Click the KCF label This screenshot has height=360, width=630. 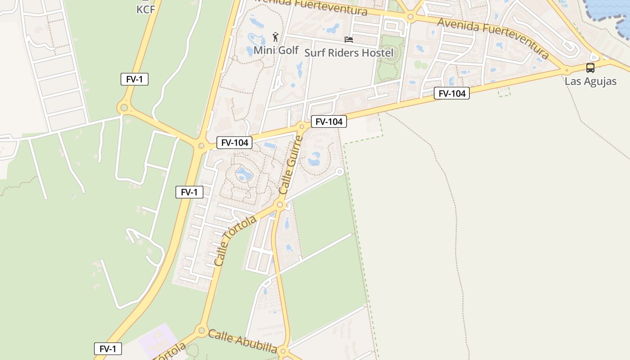point(145,9)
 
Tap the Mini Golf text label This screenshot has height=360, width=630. point(276,50)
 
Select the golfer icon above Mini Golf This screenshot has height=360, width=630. point(275,37)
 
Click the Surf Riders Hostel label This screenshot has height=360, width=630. point(349,53)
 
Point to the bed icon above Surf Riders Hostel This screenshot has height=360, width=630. point(349,40)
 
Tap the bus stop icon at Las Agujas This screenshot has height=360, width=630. point(590,68)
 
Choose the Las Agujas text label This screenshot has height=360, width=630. point(590,81)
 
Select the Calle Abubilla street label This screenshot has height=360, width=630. point(242,341)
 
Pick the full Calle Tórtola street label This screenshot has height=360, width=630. point(234,240)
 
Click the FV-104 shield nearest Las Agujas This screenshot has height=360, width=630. point(451,94)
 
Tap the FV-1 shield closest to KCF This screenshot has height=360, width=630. point(134,79)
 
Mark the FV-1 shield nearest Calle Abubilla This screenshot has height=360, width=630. point(108,349)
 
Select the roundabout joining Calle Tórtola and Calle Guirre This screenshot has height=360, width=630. point(280,205)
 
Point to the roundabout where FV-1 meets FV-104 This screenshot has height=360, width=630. point(201,145)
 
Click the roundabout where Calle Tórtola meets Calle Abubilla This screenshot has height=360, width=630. point(202,330)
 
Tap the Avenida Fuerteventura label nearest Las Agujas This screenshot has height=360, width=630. point(493,38)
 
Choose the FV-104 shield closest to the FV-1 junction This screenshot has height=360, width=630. point(234,143)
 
